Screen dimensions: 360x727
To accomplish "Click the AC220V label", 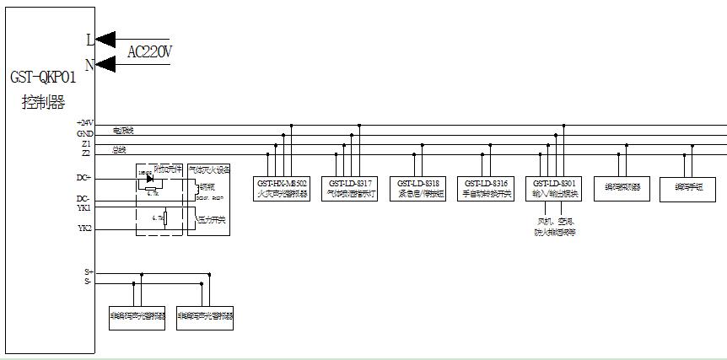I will (x=149, y=52).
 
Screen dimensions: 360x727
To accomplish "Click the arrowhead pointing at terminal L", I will (x=105, y=39).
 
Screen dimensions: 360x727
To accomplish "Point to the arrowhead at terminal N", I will (x=105, y=64).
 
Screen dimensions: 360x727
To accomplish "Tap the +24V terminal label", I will (x=83, y=123).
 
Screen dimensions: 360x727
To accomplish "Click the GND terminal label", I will (x=84, y=133).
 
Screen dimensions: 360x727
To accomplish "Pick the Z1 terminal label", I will (x=86, y=143).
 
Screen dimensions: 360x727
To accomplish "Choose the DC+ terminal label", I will (x=83, y=178).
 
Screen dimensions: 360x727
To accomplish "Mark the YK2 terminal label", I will (x=84, y=228).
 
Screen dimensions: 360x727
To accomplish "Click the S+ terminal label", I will (x=88, y=272).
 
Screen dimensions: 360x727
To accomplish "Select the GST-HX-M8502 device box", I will (x=282, y=188).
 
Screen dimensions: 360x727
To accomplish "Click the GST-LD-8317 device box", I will (x=350, y=188).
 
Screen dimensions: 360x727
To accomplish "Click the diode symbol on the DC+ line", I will (x=150, y=178).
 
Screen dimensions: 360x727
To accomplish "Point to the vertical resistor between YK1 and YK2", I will (x=164, y=218).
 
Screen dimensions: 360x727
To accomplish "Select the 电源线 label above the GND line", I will (x=123, y=131).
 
